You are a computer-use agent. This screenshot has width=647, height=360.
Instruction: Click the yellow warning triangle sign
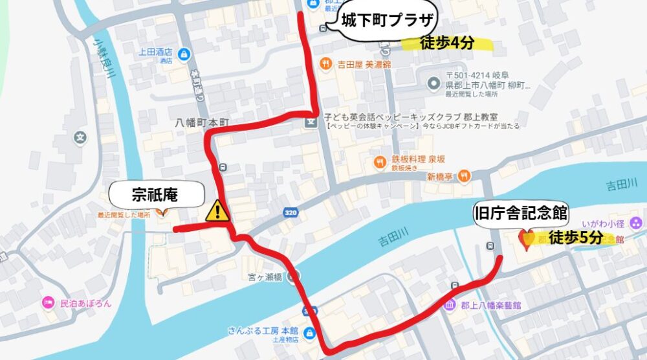click(x=218, y=210)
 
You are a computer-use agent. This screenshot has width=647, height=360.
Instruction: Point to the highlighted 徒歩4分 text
click(x=447, y=43)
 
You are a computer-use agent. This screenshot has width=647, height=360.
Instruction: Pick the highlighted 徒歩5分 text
click(x=575, y=238)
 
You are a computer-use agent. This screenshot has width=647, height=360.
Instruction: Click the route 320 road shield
click(x=291, y=212)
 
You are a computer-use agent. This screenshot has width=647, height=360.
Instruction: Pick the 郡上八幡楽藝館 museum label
click(x=492, y=305)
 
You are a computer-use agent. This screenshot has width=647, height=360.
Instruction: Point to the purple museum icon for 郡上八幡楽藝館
click(x=450, y=305)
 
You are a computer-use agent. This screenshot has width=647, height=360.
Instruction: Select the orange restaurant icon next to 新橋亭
click(x=463, y=175)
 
